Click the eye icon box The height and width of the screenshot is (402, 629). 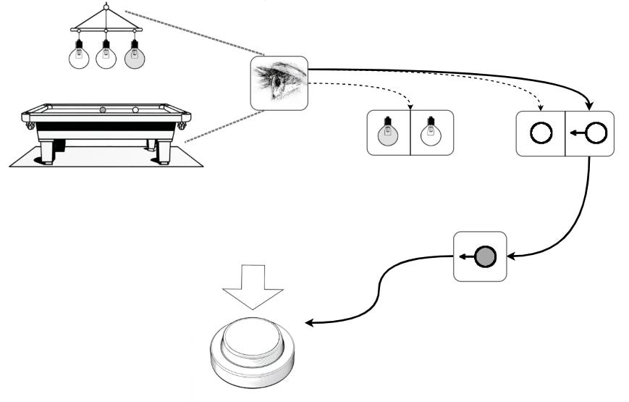pyautogui.click(x=279, y=83)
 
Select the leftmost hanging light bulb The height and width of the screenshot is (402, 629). pyautogui.click(x=79, y=57)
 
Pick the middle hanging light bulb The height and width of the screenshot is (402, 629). pyautogui.click(x=106, y=57)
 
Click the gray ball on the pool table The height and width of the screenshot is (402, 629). pyautogui.click(x=103, y=110)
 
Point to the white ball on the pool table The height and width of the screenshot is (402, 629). pyautogui.click(x=135, y=110)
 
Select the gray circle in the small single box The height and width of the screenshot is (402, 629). pyautogui.click(x=485, y=256)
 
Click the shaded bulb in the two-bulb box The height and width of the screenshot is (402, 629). pyautogui.click(x=388, y=133)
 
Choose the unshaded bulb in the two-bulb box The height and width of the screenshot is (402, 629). pyautogui.click(x=431, y=133)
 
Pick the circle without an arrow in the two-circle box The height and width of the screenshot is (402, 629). pyautogui.click(x=541, y=133)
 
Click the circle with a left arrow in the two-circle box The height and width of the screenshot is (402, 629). pyautogui.click(x=596, y=133)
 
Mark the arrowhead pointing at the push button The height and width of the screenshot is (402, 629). pyautogui.click(x=309, y=323)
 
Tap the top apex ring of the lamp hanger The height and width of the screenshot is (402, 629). pyautogui.click(x=106, y=7)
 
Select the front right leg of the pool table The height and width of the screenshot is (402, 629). pyautogui.click(x=164, y=152)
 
